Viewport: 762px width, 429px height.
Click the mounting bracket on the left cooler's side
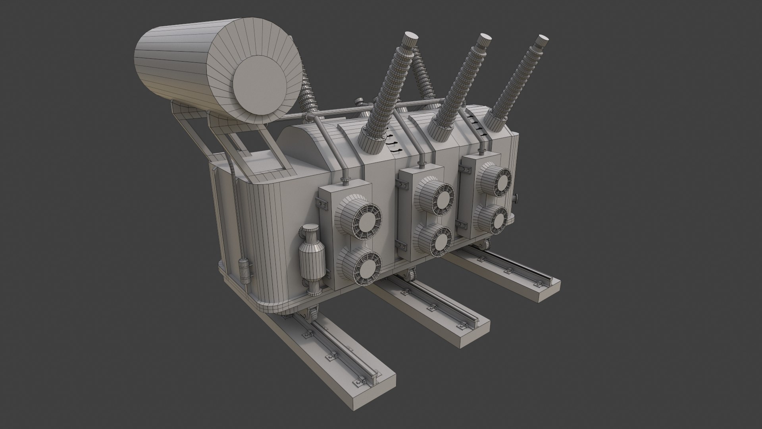click(x=321, y=203)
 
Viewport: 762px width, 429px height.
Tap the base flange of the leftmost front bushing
click(x=370, y=143)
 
